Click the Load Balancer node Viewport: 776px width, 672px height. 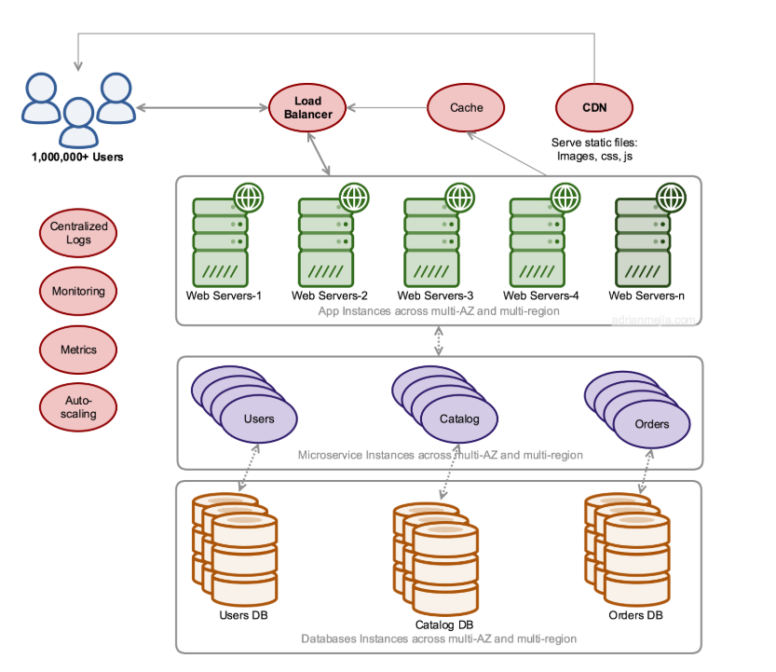click(x=307, y=107)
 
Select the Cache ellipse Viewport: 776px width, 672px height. click(x=466, y=107)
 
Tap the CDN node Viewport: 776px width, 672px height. click(x=594, y=107)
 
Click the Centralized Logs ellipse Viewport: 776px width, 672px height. click(x=78, y=233)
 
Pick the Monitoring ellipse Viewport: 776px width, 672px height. click(x=78, y=291)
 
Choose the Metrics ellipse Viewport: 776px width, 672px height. click(x=78, y=350)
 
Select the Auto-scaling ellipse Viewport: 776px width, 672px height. click(x=78, y=407)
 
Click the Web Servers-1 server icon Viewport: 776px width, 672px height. click(x=220, y=242)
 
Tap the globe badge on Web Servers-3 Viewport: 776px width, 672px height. click(x=460, y=198)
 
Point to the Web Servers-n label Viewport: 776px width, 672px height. click(x=647, y=295)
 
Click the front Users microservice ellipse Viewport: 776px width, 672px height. click(x=259, y=418)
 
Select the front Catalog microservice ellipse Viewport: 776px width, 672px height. click(x=459, y=418)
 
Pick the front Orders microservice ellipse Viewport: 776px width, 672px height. click(x=652, y=424)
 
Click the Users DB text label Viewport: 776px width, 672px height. click(x=243, y=615)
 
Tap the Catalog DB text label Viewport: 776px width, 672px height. click(x=444, y=625)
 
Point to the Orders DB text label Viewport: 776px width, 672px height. click(x=635, y=615)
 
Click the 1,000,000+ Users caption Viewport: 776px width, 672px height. click(x=77, y=157)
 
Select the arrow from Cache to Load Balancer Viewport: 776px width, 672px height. click(x=387, y=107)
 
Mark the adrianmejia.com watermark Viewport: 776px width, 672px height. click(x=653, y=320)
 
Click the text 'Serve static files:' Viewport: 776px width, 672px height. click(x=594, y=143)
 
